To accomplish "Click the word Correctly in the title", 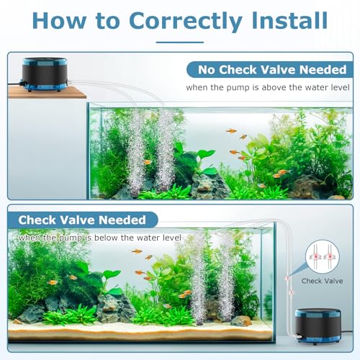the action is (x=186, y=22).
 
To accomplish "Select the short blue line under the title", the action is (x=180, y=42).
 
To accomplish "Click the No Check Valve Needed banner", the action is (x=270, y=70).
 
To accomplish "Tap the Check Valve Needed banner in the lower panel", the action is (x=83, y=220).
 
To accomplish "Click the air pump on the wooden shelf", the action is (x=45, y=74).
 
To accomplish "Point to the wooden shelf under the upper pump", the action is (x=47, y=93).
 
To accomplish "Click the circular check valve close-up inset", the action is (x=323, y=257).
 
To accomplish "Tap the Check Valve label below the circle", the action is (x=322, y=281).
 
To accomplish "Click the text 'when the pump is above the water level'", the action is (x=268, y=88).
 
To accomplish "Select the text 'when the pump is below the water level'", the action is (x=100, y=238).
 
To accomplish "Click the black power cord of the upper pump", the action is (x=15, y=84).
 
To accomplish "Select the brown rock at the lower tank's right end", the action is (x=241, y=321).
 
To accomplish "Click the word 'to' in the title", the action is (x=107, y=21).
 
